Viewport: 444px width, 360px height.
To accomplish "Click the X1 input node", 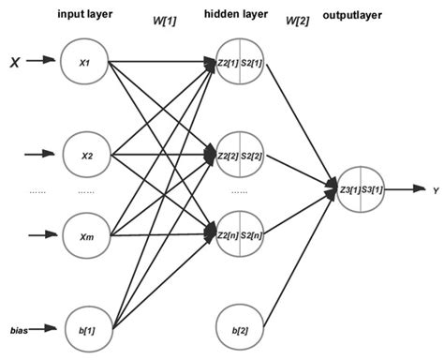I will click(84, 63).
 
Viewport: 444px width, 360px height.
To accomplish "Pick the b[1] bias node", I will click(84, 329).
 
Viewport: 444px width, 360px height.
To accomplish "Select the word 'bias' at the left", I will click(18, 330).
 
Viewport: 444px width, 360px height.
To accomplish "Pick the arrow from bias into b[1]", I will click(45, 329).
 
